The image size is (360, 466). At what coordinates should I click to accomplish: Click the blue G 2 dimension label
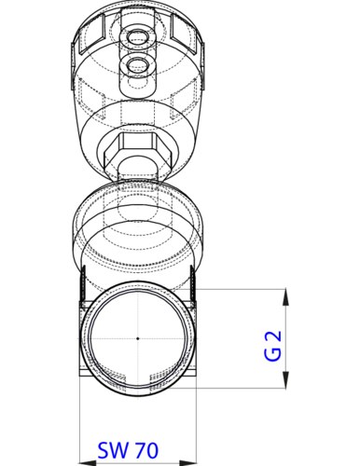tap(273, 346)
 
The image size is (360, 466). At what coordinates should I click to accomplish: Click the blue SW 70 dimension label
tap(128, 450)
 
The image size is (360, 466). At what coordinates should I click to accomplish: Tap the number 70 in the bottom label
tap(146, 450)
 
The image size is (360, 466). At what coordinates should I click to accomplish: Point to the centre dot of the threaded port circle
tap(138, 338)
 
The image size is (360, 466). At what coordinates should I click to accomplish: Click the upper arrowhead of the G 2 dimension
tap(285, 297)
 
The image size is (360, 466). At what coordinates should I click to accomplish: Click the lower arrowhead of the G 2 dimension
tap(285, 379)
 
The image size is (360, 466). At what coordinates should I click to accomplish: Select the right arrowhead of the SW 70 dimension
tap(188, 463)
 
